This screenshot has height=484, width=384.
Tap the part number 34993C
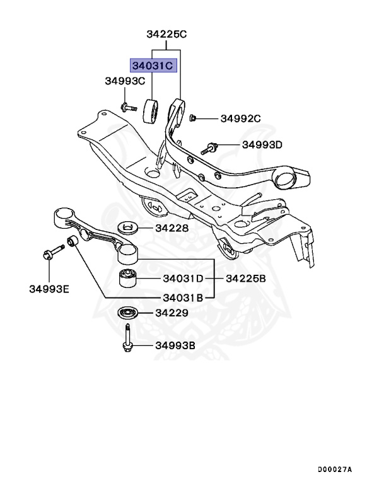click(125, 81)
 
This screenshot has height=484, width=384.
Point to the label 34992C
click(240, 118)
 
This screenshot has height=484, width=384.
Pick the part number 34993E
click(49, 289)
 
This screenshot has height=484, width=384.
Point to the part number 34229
click(172, 313)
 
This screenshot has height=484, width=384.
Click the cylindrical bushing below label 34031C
click(151, 112)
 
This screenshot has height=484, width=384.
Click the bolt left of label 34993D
click(209, 149)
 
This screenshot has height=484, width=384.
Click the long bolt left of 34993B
click(127, 341)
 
